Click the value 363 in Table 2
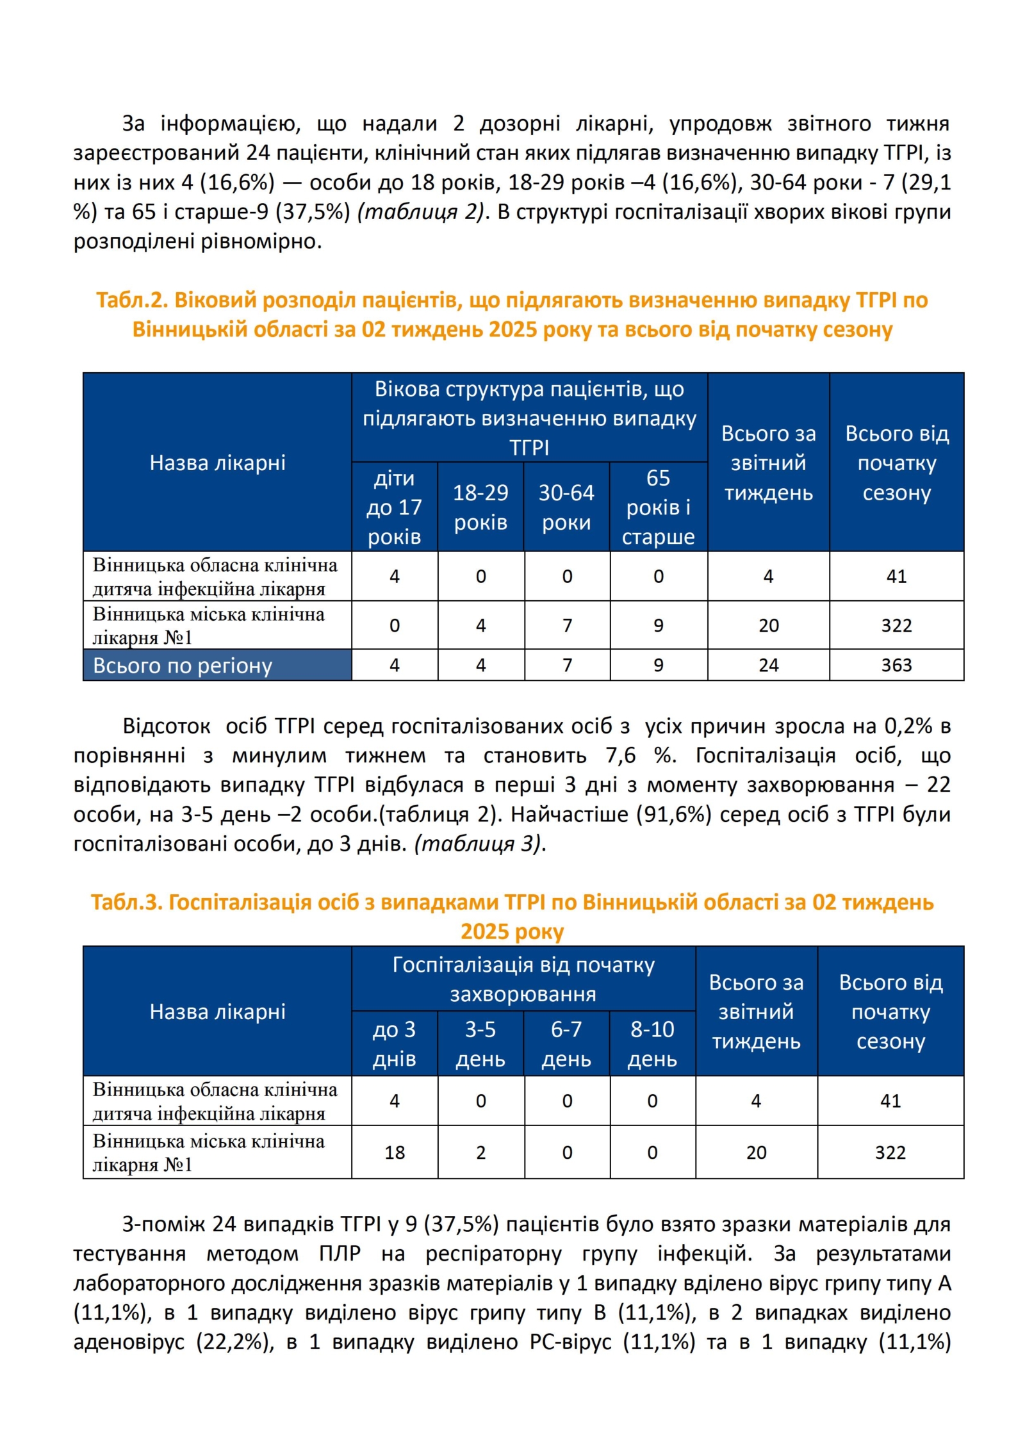(896, 665)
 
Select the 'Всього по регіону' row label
(183, 666)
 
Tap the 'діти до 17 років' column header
(394, 507)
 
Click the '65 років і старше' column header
(658, 507)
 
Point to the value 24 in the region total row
(768, 665)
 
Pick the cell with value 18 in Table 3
(394, 1152)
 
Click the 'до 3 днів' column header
(394, 1044)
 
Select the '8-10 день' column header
(652, 1044)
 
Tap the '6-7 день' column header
(566, 1044)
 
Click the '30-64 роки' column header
(566, 507)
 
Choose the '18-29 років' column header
(480, 507)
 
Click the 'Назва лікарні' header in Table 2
(217, 463)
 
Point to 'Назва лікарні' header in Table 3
(217, 1011)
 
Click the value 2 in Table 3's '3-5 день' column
(480, 1152)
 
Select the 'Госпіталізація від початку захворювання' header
(523, 979)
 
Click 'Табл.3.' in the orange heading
(126, 902)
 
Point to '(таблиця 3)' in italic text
(479, 844)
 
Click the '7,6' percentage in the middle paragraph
(620, 755)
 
